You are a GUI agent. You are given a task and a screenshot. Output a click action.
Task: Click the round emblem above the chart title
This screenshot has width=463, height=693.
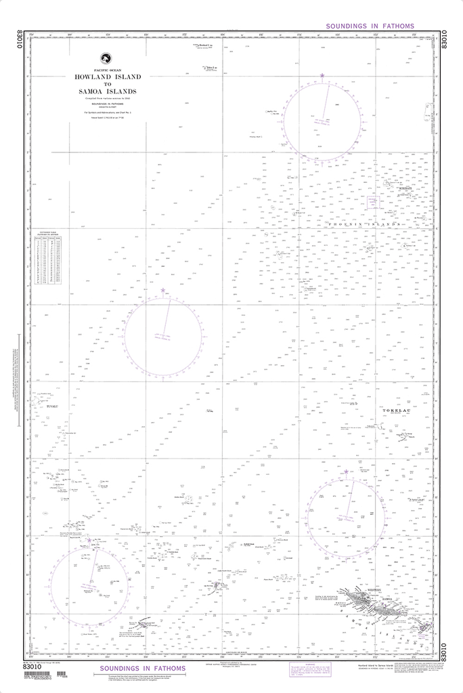point(106,58)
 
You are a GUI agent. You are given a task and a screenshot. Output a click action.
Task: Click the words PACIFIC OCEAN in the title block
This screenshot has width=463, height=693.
point(106,70)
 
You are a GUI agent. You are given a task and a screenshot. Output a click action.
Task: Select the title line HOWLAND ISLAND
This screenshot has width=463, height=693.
point(108,77)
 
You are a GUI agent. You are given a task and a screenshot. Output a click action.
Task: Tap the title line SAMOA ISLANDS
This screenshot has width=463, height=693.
point(108,91)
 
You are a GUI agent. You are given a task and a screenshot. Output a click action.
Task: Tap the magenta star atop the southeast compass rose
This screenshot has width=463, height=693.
point(346,471)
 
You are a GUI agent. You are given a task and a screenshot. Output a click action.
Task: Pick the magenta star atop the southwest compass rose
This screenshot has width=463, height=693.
point(89,540)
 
